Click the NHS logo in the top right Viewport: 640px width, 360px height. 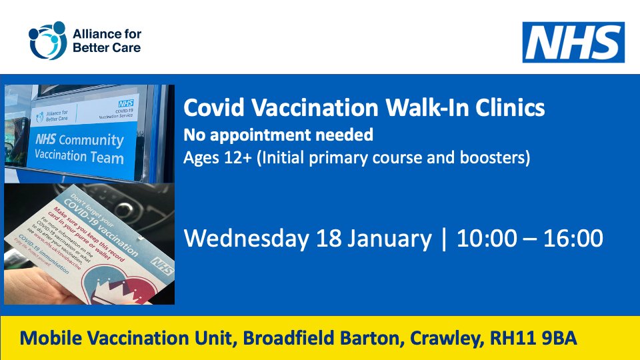tap(573, 42)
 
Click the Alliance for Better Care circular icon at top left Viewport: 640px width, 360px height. tap(47, 41)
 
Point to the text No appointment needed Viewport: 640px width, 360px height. tap(279, 135)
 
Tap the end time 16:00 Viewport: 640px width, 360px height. tap(573, 238)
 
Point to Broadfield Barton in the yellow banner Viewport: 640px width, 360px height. tap(323, 339)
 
